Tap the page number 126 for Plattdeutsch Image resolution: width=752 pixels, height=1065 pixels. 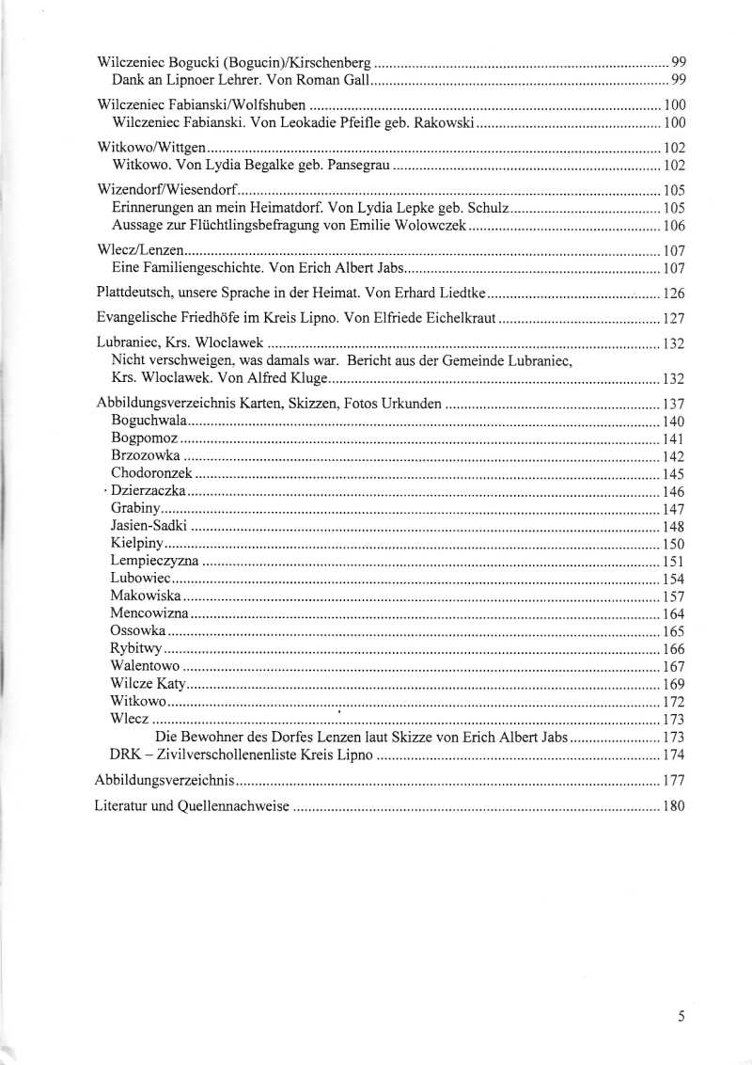coord(674,293)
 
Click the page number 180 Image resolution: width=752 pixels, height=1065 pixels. coord(674,806)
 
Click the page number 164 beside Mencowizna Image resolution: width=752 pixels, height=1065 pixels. coord(674,614)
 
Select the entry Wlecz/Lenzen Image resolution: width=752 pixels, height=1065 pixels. coord(141,250)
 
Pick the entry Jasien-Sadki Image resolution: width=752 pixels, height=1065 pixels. coord(149,527)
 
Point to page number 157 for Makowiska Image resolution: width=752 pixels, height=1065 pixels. coord(674,596)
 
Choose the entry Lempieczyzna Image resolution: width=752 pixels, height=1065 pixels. coord(154,562)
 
